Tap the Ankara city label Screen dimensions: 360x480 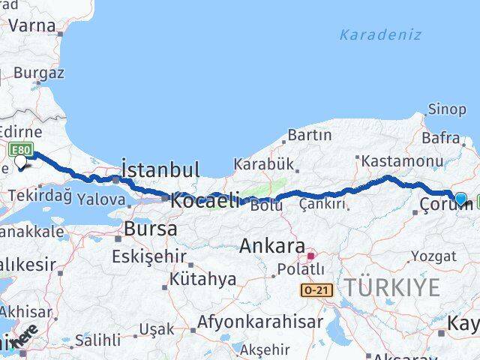pyautogui.click(x=272, y=247)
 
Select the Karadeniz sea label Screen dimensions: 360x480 pyautogui.click(x=380, y=34)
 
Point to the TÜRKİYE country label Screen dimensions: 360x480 pyautogui.click(x=392, y=286)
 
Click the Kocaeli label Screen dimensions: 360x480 pyautogui.click(x=205, y=200)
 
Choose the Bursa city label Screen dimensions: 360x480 pyautogui.click(x=151, y=229)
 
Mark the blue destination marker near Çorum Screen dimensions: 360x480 pyautogui.click(x=460, y=199)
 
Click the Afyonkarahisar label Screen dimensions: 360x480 pyautogui.click(x=261, y=322)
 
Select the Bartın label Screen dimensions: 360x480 pyautogui.click(x=309, y=136)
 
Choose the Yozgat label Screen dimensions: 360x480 pyautogui.click(x=434, y=256)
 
